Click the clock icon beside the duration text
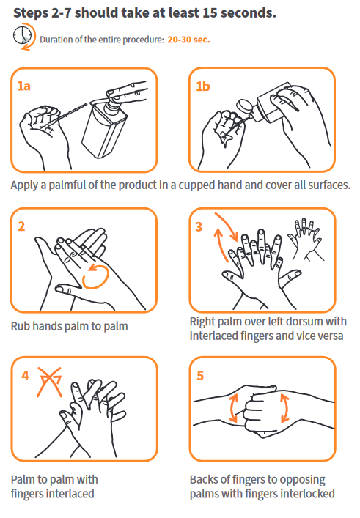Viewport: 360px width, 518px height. tap(23, 36)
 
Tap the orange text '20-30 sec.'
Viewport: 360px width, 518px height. tap(188, 40)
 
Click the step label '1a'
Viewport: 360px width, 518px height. tap(23, 86)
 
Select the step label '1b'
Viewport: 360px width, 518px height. tap(202, 86)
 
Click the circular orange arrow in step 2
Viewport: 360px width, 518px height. tap(95, 276)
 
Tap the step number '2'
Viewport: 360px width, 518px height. tap(21, 226)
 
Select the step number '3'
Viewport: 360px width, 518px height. tap(199, 227)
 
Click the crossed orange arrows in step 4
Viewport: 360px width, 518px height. tap(50, 382)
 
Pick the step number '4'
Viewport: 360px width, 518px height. tap(25, 376)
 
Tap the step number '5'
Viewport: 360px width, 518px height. tap(200, 376)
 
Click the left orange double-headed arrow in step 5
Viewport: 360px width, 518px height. tap(233, 407)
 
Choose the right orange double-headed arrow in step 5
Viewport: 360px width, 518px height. tap(284, 407)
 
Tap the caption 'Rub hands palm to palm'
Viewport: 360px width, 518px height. tap(70, 326)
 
